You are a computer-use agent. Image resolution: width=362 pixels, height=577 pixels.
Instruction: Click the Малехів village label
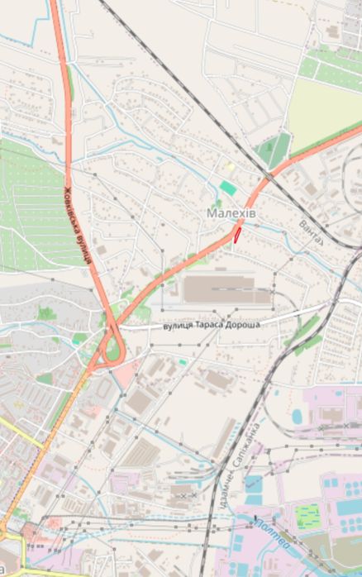click(x=231, y=214)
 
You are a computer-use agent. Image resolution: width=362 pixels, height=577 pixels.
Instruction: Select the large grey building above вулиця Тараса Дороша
click(x=218, y=289)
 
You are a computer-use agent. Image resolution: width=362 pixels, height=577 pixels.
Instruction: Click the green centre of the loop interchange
click(x=112, y=350)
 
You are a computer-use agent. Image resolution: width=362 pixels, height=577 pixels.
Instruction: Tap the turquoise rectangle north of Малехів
click(x=227, y=188)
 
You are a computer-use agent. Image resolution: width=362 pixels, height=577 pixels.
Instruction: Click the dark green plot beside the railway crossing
click(x=273, y=149)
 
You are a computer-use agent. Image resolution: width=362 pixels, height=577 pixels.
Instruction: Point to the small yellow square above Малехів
click(x=231, y=166)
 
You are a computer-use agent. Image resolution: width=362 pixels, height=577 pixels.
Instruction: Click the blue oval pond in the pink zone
click(x=298, y=415)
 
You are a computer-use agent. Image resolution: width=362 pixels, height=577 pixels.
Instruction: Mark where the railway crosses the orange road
click(x=269, y=175)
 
